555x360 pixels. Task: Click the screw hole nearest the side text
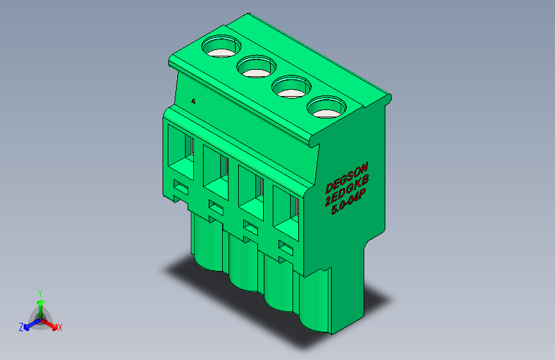326,107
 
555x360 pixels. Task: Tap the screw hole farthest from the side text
221,46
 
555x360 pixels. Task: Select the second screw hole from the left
256,66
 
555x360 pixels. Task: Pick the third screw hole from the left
291,86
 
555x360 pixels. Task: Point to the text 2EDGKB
347,190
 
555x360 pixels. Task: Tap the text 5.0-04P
348,202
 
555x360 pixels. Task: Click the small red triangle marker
193,101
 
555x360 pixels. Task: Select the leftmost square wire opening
181,152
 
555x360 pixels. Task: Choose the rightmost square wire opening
286,213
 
